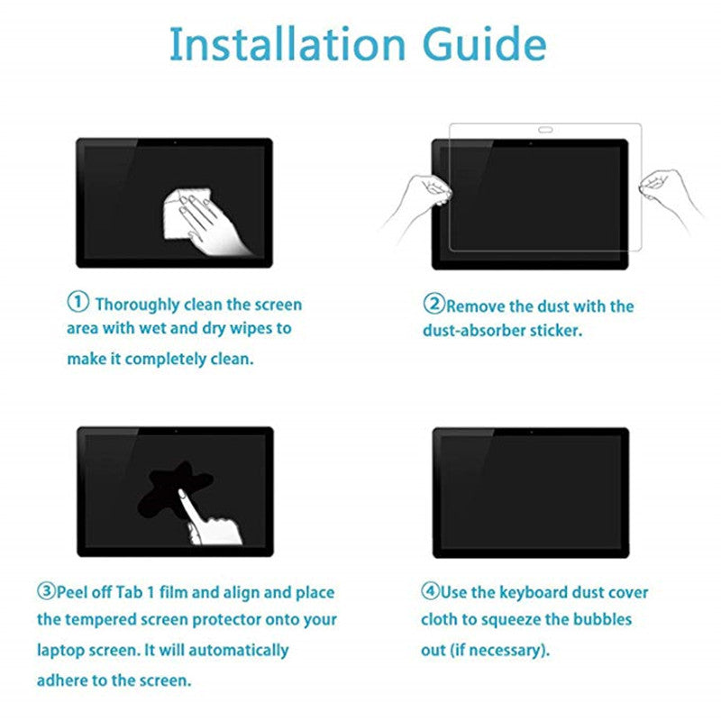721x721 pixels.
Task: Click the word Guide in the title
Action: pyautogui.click(x=484, y=43)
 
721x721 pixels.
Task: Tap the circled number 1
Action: pyautogui.click(x=78, y=302)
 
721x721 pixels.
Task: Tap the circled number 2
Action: pyautogui.click(x=434, y=304)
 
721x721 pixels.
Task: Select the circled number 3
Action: pyautogui.click(x=47, y=590)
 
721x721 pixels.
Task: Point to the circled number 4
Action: pyautogui.click(x=431, y=590)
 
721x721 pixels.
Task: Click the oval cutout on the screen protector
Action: pyautogui.click(x=545, y=130)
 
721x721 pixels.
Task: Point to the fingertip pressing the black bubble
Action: pyautogui.click(x=181, y=492)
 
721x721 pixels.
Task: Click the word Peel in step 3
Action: pyautogui.click(x=71, y=592)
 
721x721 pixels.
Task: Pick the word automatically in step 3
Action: pyautogui.click(x=238, y=651)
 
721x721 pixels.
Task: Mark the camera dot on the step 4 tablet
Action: pyautogui.click(x=531, y=433)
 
